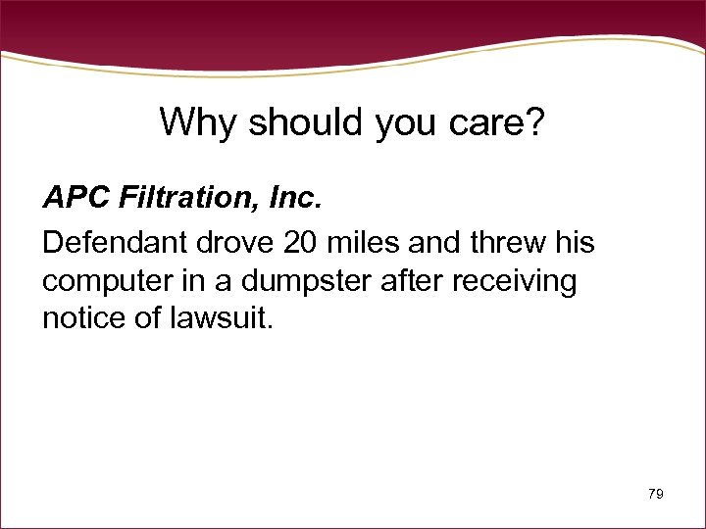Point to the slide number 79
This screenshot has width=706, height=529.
coord(656,495)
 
